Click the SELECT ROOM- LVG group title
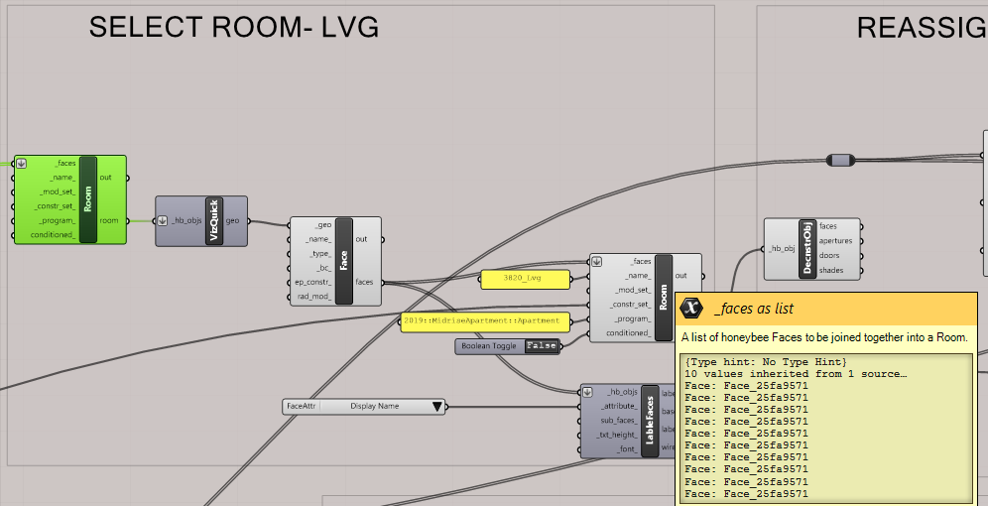[x=234, y=27]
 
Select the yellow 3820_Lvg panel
[x=526, y=280]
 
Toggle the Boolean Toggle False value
[x=541, y=345]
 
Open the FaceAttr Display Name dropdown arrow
[x=436, y=406]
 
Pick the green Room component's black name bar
[x=88, y=198]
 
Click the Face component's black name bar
[x=344, y=261]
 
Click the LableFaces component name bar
[x=650, y=421]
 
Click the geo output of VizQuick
[x=234, y=221]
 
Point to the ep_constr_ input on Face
[x=310, y=282]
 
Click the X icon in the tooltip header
[x=693, y=308]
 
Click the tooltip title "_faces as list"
[x=753, y=309]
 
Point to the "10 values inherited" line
[x=795, y=373]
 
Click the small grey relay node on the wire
[x=840, y=160]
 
